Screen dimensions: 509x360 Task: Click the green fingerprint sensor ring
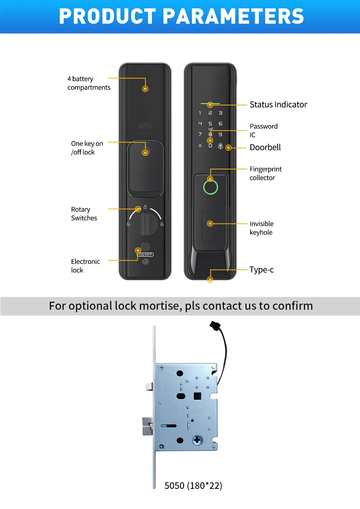tap(211, 187)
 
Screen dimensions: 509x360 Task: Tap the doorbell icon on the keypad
tap(220, 146)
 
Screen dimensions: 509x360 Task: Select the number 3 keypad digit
tap(220, 113)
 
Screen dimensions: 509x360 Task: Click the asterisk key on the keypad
tap(200, 146)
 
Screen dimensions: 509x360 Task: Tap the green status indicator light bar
tap(210, 104)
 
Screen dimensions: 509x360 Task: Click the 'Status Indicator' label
tap(278, 105)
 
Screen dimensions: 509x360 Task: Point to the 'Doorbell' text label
tap(265, 147)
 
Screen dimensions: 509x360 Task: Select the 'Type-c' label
tap(261, 270)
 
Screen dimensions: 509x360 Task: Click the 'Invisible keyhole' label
tap(261, 228)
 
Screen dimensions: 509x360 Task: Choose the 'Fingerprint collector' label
tap(265, 173)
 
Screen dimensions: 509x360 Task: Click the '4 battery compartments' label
tap(89, 83)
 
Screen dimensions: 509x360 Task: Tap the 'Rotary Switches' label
tap(84, 214)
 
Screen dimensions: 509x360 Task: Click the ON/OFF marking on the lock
tap(145, 255)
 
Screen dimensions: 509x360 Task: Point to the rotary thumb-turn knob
tap(145, 224)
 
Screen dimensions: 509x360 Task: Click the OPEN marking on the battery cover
tap(145, 126)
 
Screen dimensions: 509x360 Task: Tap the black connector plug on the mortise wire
tap(215, 326)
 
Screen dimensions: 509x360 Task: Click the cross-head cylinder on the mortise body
tap(197, 440)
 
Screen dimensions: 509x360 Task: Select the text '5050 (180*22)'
tap(193, 486)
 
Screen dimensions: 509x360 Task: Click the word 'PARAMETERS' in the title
tap(233, 17)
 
